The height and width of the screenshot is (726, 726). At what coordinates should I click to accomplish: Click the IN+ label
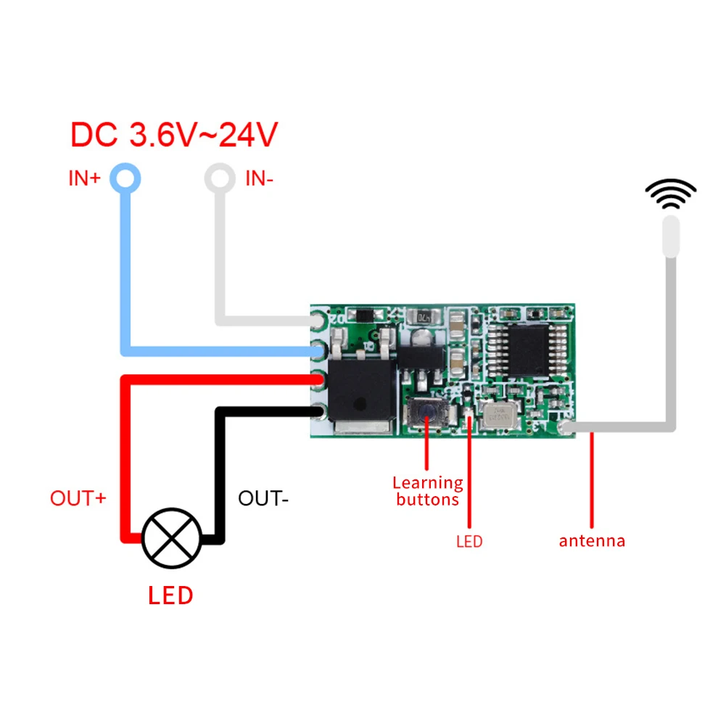pos(84,178)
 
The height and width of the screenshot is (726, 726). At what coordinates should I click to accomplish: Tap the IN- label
pos(259,178)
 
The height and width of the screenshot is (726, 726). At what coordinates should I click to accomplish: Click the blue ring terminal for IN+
pos(125,178)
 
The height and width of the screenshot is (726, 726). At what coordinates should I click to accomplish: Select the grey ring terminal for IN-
pos(220,178)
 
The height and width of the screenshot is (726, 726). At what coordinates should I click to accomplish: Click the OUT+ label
pos(78,498)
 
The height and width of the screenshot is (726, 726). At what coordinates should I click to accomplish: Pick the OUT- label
pos(263,498)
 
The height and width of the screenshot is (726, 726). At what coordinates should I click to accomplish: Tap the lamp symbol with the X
pos(172,537)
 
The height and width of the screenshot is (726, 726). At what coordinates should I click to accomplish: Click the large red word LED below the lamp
pos(170,595)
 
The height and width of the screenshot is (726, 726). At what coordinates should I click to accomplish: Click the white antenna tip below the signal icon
pos(671,236)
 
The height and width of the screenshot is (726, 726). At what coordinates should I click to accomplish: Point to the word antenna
pos(592,540)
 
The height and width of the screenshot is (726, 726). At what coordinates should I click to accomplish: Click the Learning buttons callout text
pos(428,491)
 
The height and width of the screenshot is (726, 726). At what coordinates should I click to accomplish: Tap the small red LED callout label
pos(469,541)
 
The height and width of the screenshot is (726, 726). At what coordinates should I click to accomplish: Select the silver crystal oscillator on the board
pos(498,416)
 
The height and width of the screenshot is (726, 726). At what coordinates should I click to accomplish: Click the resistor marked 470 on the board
pos(423,318)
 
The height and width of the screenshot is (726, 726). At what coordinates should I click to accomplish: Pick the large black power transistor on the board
pos(363,392)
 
